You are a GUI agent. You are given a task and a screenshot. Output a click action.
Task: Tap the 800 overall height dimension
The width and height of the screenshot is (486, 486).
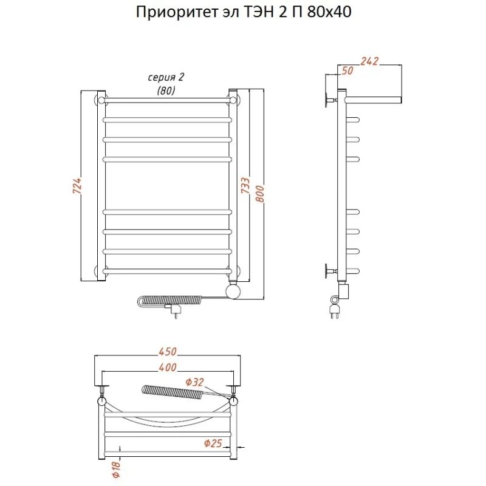(x=260, y=194)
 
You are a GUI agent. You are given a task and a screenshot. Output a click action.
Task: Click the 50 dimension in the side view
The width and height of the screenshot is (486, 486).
(x=347, y=71)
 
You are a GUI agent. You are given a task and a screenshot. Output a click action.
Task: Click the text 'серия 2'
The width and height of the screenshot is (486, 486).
(x=165, y=77)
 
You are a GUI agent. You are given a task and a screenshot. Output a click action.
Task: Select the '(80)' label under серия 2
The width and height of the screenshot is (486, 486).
(x=165, y=91)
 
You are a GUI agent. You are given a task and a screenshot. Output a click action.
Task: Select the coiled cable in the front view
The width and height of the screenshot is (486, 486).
(x=173, y=301)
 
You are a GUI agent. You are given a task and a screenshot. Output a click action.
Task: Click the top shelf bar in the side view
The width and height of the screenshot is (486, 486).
(x=372, y=99)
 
